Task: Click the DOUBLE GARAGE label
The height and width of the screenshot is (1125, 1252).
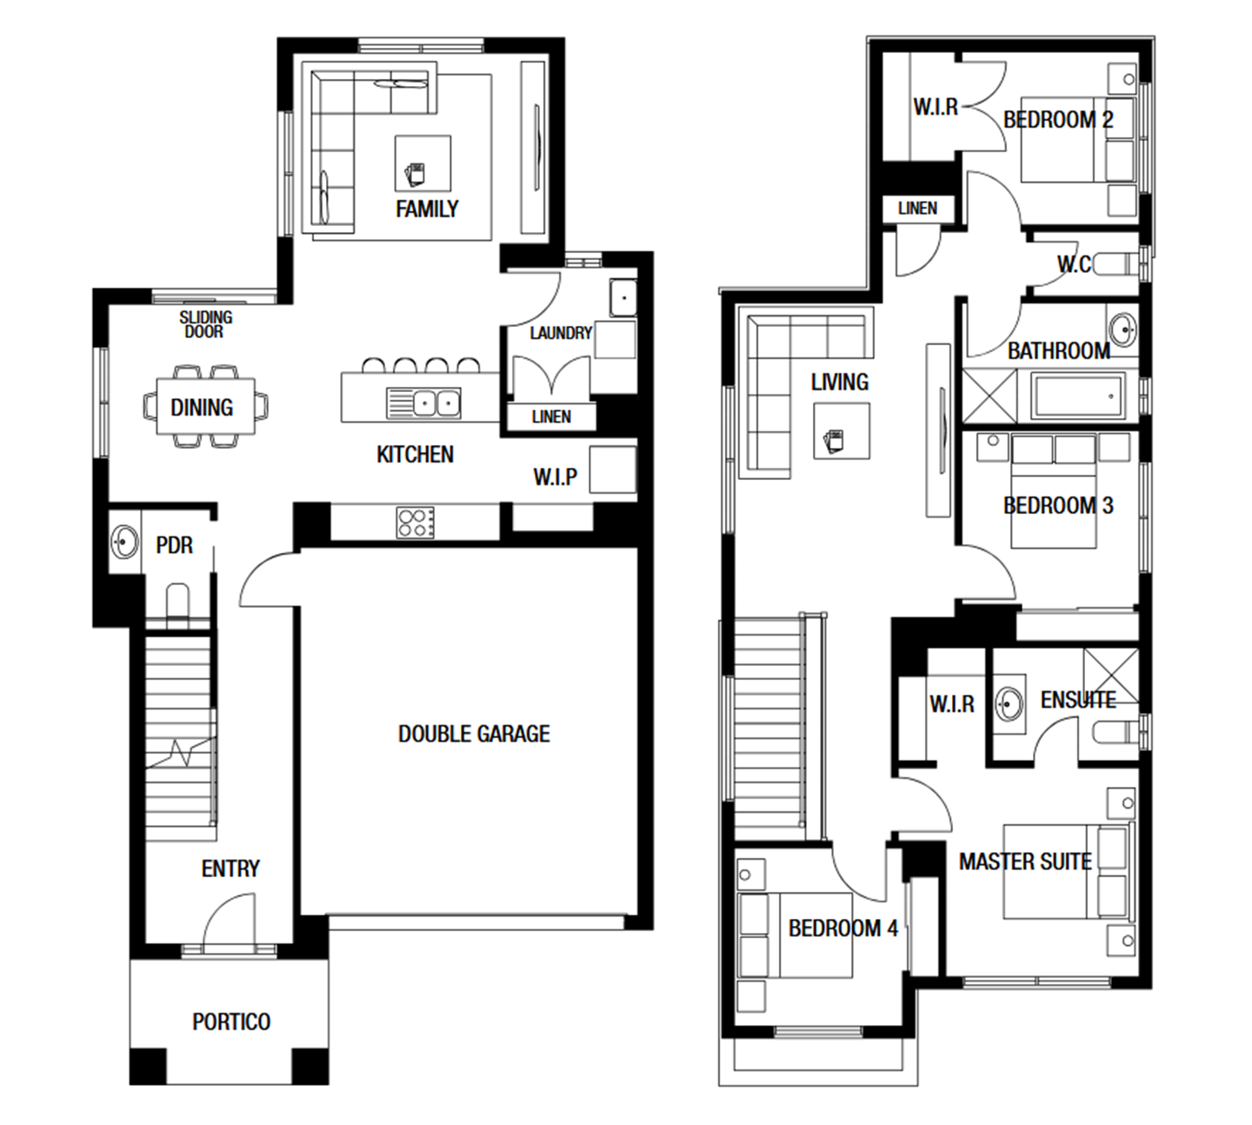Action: tap(474, 734)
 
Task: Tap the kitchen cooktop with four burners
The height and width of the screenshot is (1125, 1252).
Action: tap(416, 523)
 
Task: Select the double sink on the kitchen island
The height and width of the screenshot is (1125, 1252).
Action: tap(423, 403)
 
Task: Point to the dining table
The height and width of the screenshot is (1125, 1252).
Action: tap(206, 406)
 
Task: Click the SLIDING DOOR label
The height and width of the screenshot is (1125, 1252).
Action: tap(206, 324)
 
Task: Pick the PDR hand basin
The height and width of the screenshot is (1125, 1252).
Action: tap(125, 542)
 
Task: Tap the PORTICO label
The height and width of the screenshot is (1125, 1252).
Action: tap(231, 1022)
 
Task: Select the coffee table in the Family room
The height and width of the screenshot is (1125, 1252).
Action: tap(423, 163)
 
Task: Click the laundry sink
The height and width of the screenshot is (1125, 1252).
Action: tap(623, 298)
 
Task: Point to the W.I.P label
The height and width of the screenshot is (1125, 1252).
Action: tap(555, 476)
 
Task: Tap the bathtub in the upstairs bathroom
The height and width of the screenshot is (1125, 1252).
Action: tap(1079, 396)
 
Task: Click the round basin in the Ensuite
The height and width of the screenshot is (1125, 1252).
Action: tap(1009, 703)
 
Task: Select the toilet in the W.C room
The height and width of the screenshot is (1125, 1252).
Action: tap(1115, 264)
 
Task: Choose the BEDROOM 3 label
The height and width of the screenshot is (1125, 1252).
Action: tap(1058, 506)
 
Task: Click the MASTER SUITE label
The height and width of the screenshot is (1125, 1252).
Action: tap(1025, 862)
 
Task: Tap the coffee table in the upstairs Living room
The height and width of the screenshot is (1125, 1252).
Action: tap(842, 431)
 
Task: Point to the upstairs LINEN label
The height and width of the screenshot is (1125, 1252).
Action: tap(917, 209)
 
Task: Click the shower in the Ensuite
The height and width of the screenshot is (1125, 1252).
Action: tap(1111, 676)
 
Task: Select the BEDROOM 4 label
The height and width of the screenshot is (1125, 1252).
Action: tap(842, 928)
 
